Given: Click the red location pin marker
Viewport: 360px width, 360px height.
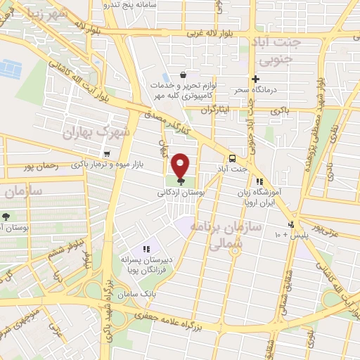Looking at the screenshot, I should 180,165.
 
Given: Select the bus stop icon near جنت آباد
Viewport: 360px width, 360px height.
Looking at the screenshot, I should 232,157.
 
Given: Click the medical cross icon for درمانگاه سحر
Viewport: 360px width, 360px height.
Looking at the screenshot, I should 256,79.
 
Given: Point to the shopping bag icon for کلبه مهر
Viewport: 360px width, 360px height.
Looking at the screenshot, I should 183,75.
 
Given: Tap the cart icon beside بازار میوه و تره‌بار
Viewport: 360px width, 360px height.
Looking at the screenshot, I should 106,155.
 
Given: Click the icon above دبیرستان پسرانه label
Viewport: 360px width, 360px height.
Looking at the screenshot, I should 146,249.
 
